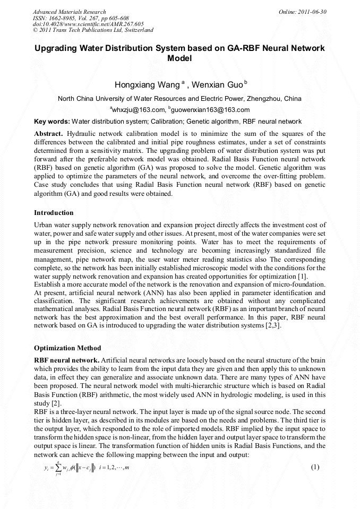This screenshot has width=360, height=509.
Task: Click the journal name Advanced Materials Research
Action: coord(70,12)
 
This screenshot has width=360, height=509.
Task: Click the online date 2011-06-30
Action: coord(311,12)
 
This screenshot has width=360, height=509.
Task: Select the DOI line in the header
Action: coord(88,24)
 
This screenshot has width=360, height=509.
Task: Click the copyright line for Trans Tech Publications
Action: coord(93,30)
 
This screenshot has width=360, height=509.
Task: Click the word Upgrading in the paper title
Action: coord(58,48)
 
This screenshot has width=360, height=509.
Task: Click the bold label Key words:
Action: coord(52,122)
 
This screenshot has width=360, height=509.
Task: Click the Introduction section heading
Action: coord(54,213)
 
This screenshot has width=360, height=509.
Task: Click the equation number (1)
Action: coord(315,467)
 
